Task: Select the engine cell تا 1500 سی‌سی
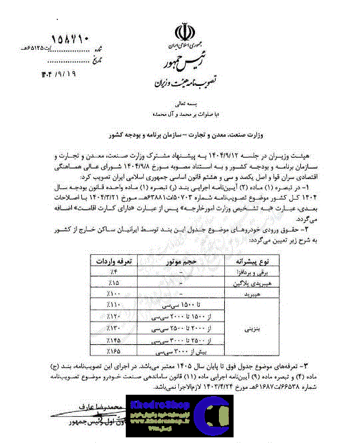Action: click(181, 306)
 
